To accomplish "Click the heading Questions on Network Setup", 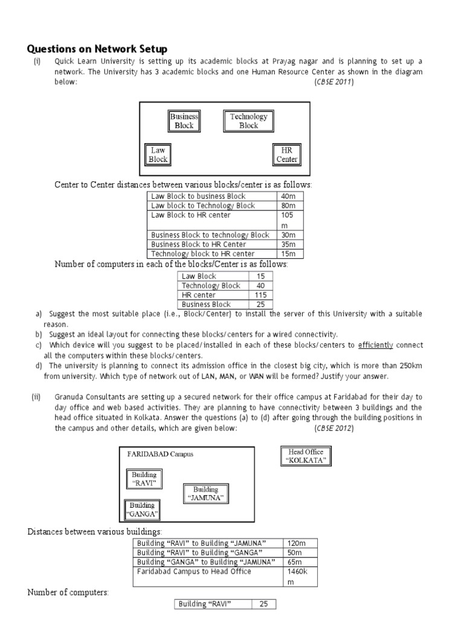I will click(97, 49).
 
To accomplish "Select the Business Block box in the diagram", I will click(184, 121).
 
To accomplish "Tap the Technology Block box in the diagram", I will click(248, 121).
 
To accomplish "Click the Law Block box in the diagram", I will click(158, 155).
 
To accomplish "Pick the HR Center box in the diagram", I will click(286, 155).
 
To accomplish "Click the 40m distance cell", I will click(289, 196).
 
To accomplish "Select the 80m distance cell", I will click(289, 206).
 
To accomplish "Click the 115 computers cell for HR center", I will click(260, 295).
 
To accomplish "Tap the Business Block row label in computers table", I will click(207, 305).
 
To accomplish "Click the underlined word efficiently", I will click(375, 345).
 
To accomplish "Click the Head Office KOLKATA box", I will click(306, 456).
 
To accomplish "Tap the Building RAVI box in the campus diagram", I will click(144, 479).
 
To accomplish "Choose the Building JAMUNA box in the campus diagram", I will click(205, 494).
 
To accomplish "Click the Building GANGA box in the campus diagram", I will click(142, 510).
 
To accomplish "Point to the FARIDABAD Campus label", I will click(161, 454).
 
